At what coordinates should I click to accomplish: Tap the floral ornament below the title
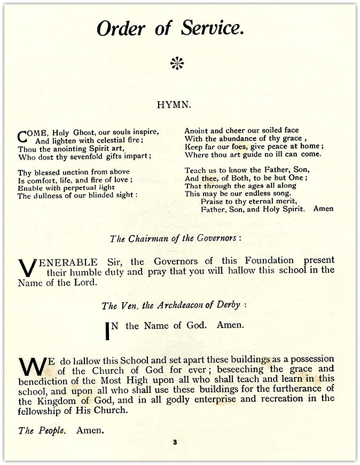pyautogui.click(x=177, y=64)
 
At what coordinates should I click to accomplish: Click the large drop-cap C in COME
pyautogui.click(x=23, y=136)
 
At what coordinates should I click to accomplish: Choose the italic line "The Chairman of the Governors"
pyautogui.click(x=175, y=239)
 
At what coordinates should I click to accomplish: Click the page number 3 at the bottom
pyautogui.click(x=174, y=443)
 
